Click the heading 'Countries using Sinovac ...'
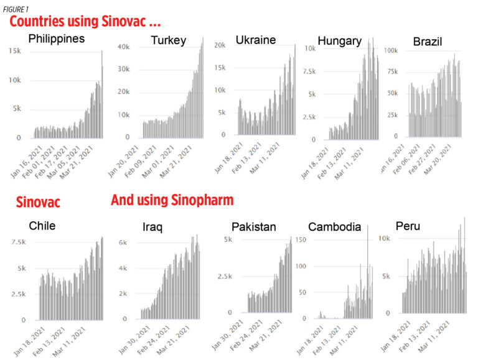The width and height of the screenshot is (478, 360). [x=85, y=22]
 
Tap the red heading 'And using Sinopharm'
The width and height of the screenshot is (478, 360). [x=172, y=200]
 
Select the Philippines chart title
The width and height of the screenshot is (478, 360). [x=57, y=39]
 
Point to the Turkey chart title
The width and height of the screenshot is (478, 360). [x=168, y=41]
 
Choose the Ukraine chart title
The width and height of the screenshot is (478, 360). [x=255, y=40]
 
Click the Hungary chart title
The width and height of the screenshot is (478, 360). [x=339, y=41]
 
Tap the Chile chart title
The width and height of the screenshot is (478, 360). [x=42, y=226]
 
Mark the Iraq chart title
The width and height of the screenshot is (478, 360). [x=152, y=228]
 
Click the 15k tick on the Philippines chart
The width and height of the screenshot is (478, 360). [x=13, y=52]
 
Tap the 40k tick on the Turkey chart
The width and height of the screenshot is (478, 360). [x=123, y=47]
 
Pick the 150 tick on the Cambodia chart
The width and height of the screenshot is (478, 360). [x=318, y=239]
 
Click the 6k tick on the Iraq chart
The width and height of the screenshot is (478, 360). [x=123, y=242]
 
